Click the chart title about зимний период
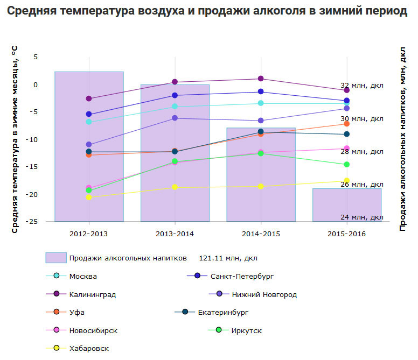207,12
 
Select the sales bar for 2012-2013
89,146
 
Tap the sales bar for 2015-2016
347,205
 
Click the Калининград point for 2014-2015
261,79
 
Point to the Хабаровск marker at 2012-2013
89,197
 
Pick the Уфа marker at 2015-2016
347,124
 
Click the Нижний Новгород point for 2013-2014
175,118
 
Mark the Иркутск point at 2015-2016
347,164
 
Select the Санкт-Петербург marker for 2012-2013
89,114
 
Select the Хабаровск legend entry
89,348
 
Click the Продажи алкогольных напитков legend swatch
56,258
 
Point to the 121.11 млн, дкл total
228,258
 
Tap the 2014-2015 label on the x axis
261,234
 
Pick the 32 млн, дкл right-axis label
362,86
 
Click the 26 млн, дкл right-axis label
362,185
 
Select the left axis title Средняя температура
15,139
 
